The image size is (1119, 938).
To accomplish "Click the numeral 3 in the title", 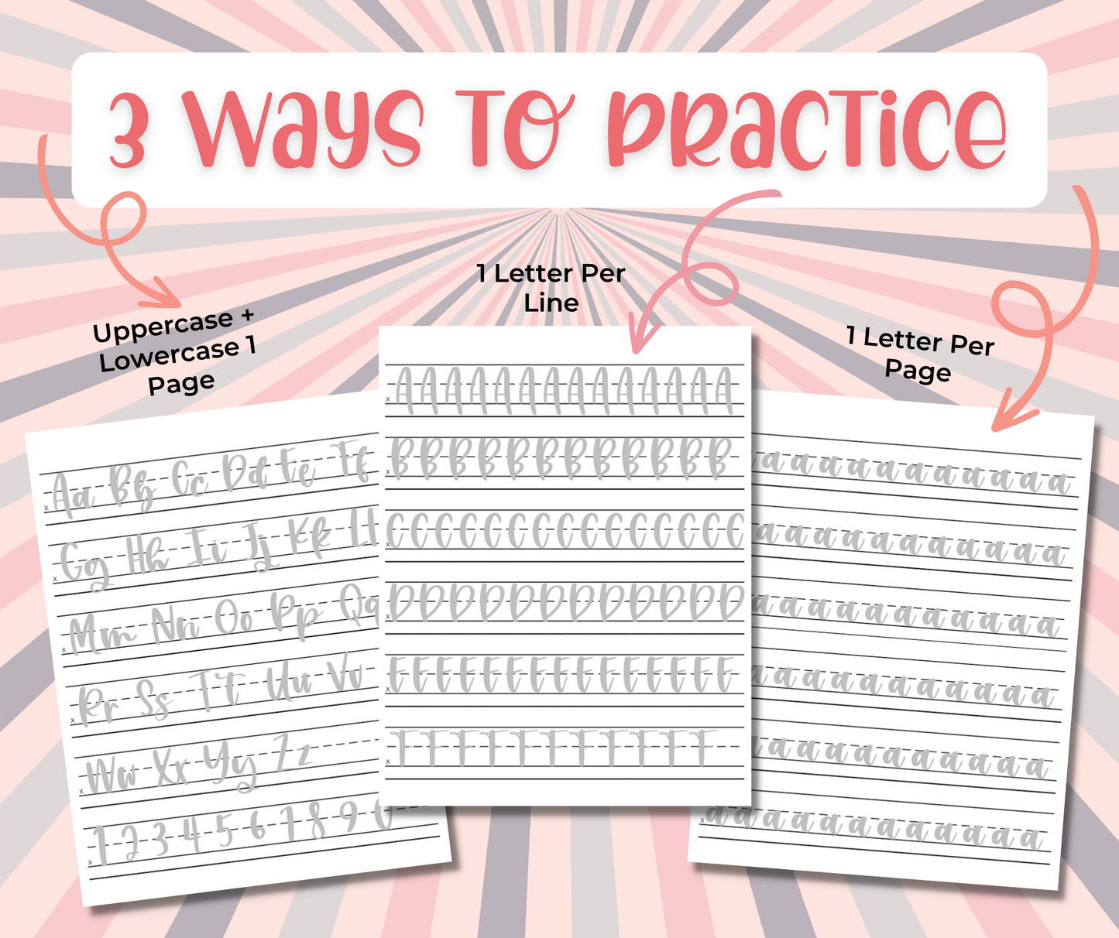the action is (x=127, y=130).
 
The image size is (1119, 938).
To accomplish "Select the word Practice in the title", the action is (x=807, y=128).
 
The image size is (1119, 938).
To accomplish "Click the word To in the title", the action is (x=513, y=128).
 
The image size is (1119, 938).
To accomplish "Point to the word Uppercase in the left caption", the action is (x=163, y=327).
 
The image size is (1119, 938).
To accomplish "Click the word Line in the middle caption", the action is (x=551, y=303).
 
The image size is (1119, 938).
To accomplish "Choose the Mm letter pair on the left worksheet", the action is (x=101, y=635).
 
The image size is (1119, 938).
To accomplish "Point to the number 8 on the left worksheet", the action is (x=318, y=820).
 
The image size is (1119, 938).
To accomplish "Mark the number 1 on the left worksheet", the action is (x=100, y=845).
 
